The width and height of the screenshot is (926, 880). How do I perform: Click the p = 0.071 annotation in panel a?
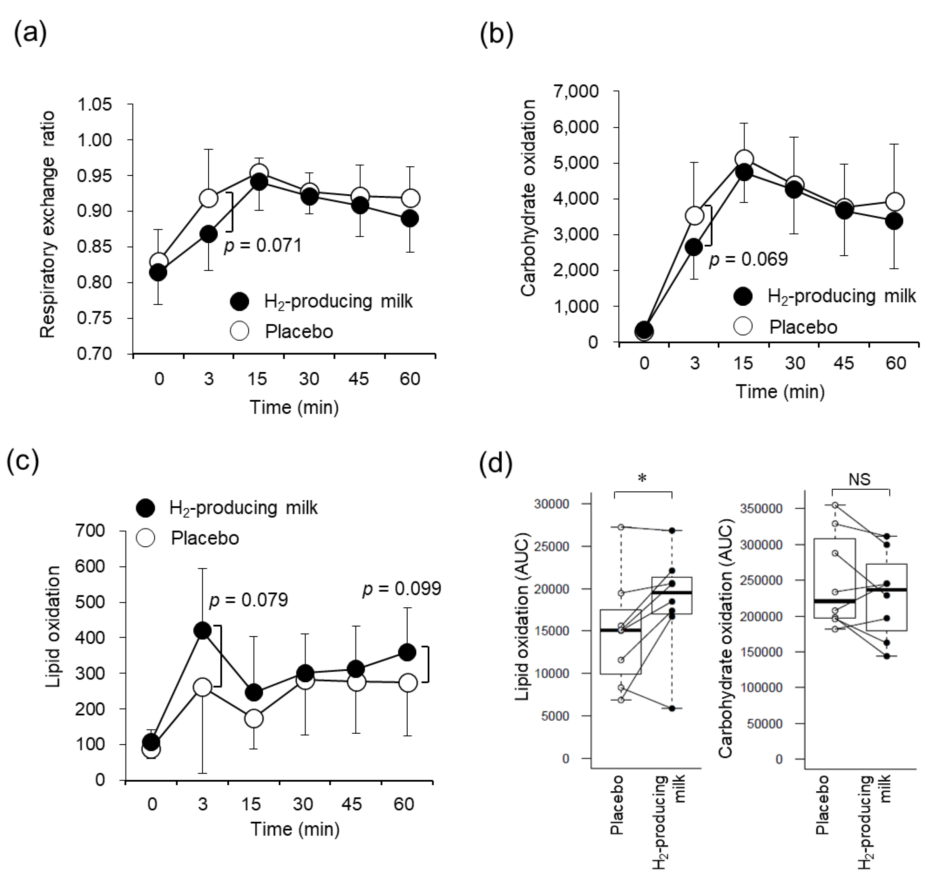[x=262, y=245]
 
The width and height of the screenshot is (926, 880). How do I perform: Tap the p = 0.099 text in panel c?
[x=401, y=589]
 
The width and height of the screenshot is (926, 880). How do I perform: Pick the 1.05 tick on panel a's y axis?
[x=95, y=104]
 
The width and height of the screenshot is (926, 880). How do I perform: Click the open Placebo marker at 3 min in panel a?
[x=209, y=198]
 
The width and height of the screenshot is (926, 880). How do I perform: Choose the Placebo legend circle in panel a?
[x=240, y=331]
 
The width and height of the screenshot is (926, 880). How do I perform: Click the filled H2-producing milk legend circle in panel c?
[x=145, y=508]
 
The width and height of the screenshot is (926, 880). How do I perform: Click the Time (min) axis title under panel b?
[x=780, y=391]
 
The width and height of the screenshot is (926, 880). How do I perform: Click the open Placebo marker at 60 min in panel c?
[x=407, y=683]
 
